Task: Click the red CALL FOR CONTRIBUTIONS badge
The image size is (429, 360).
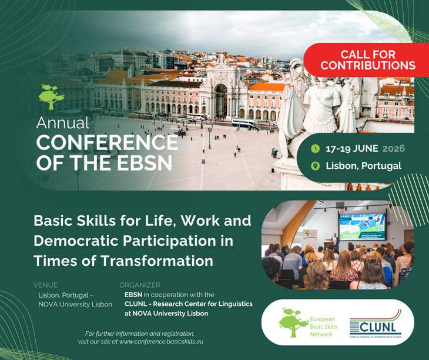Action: (x=368, y=60)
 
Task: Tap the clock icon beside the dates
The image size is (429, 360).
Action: (x=315, y=148)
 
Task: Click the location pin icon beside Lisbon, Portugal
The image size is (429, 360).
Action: (x=315, y=166)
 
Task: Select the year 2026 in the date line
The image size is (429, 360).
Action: (x=393, y=148)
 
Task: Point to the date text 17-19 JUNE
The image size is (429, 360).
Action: (x=351, y=148)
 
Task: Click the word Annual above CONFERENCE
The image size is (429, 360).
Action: (x=63, y=124)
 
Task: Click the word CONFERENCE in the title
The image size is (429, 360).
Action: (x=106, y=142)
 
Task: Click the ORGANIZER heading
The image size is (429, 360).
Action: (x=140, y=285)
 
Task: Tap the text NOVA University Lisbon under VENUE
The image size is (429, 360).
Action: (x=75, y=304)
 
